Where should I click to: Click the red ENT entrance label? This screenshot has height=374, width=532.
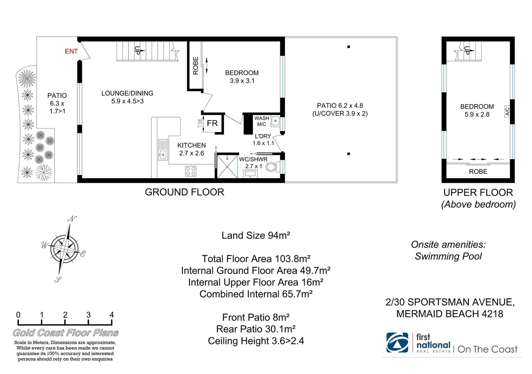[x=71, y=51]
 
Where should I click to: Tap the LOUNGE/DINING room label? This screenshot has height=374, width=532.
[x=127, y=93]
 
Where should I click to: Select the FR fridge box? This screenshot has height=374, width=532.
[x=212, y=123]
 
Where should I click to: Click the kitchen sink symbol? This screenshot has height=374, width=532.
[x=163, y=150]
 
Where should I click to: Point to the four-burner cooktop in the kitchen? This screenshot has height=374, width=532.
[x=191, y=171]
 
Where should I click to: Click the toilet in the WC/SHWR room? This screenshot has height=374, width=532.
[x=273, y=167]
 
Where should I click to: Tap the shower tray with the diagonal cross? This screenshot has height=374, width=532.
[x=227, y=167]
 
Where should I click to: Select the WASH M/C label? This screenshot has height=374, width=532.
[x=262, y=121]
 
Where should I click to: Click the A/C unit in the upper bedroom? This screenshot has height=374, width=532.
[x=507, y=112]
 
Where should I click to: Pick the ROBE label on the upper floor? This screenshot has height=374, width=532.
[x=478, y=172]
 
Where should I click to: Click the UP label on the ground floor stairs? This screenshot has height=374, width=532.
[x=137, y=51]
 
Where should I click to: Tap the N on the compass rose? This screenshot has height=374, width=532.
[x=72, y=219]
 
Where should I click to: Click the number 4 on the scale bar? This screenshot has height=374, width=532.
[x=112, y=315]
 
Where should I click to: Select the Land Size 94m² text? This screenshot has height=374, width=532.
[x=256, y=235]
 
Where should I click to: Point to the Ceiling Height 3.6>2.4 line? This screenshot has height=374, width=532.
[x=256, y=341]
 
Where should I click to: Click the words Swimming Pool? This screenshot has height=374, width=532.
[x=448, y=256]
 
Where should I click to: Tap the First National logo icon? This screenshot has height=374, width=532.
[x=397, y=342]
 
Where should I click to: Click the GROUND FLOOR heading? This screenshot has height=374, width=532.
[x=184, y=192]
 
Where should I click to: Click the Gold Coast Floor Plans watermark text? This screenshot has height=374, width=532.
[x=66, y=333]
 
